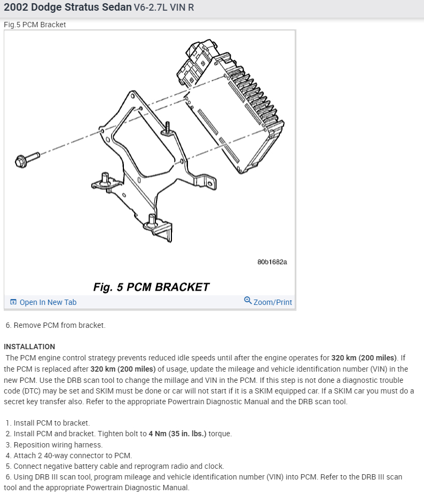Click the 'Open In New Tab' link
[x=48, y=302]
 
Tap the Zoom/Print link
[x=272, y=302]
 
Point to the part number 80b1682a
[x=272, y=262]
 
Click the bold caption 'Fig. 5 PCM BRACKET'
[x=151, y=287]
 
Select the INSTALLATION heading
[x=29, y=347]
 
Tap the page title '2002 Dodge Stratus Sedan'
[x=67, y=9]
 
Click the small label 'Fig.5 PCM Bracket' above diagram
[x=35, y=25]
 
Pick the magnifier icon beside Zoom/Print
[x=248, y=301]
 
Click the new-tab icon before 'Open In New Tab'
[x=13, y=302]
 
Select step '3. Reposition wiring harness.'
[x=54, y=444]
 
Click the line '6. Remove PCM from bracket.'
[x=56, y=325]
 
